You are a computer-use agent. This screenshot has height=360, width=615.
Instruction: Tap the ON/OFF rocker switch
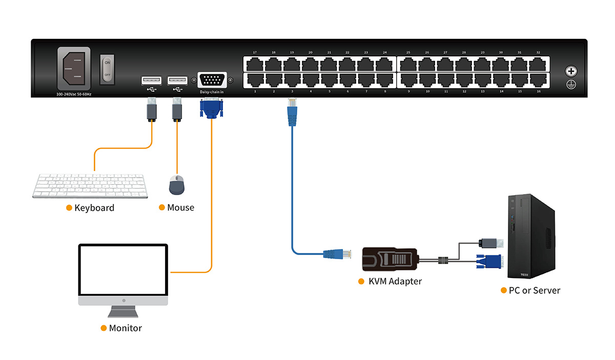[107, 69]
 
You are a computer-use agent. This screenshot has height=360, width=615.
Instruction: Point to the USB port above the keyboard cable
[151, 80]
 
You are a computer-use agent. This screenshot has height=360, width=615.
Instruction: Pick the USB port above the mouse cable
[177, 80]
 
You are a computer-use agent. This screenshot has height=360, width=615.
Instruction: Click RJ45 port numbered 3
[292, 80]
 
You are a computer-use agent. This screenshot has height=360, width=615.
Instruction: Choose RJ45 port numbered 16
[538, 80]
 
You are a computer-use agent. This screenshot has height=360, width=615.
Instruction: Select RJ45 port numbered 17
[255, 64]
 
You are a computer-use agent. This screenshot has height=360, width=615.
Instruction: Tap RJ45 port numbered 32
[538, 64]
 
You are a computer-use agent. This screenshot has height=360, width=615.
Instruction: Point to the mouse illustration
[177, 185]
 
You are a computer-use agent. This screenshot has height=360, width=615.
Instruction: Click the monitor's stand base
[122, 312]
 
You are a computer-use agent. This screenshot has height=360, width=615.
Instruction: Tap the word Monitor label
[125, 328]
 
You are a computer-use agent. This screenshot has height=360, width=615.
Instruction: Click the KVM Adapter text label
[395, 282]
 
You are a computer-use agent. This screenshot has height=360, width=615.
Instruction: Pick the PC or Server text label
[534, 290]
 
